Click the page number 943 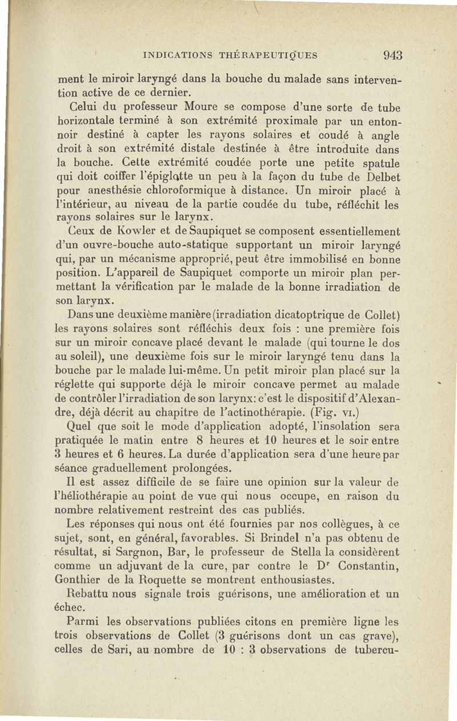tap(392, 55)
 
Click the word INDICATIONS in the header tap(178, 56)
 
